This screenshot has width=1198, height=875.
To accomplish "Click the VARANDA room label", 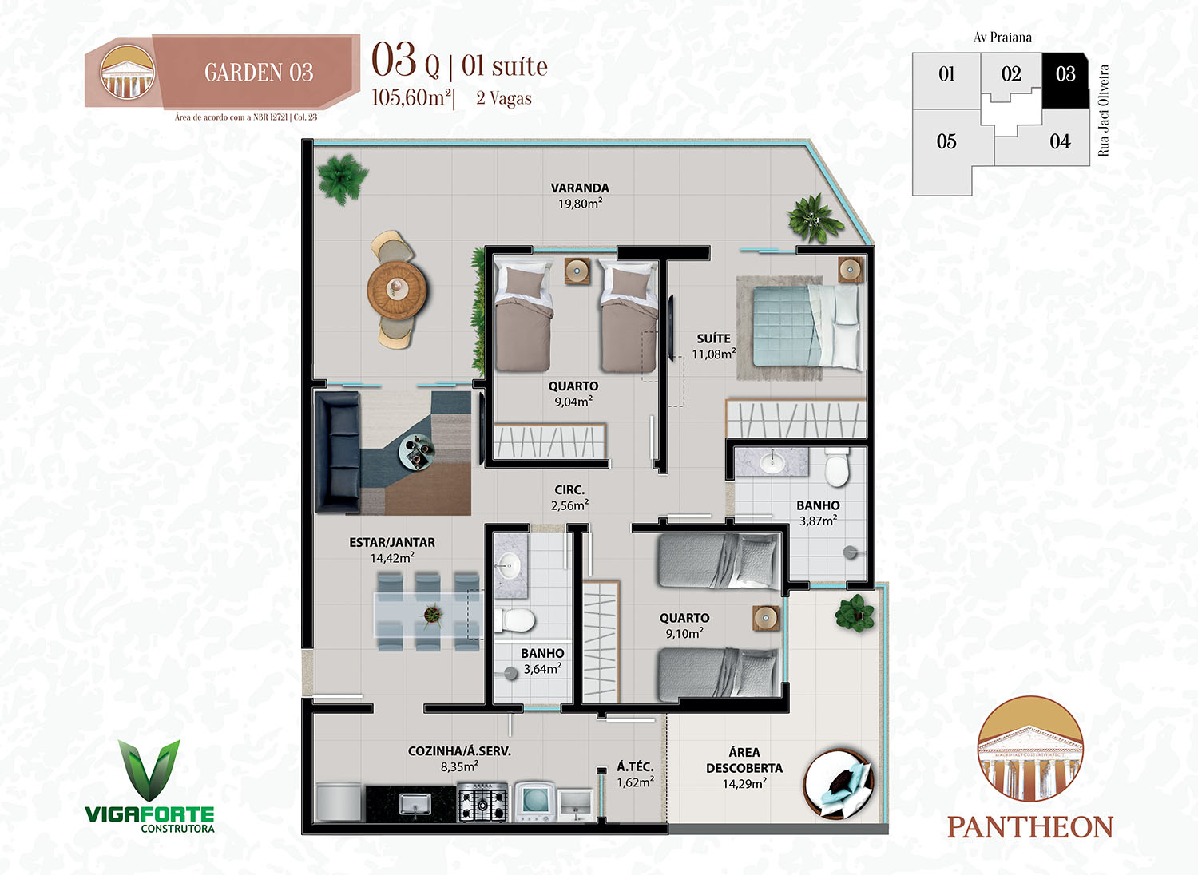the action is [580, 188].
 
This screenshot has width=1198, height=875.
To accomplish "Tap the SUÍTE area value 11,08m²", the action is [713, 354].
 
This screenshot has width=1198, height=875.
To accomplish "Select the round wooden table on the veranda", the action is [396, 290].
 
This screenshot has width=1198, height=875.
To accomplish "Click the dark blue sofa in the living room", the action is [338, 452].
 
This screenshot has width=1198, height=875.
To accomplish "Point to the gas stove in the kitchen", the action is [482, 802].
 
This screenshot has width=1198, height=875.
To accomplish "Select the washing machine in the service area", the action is [535, 802].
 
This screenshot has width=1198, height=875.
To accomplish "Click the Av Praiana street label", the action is [1002, 38].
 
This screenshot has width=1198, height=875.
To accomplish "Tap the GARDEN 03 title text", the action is [259, 73].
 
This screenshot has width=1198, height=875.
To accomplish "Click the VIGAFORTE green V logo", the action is [149, 770].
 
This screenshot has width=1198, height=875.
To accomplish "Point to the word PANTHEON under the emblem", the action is [1030, 827].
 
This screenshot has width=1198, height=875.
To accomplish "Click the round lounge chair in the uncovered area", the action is [838, 784].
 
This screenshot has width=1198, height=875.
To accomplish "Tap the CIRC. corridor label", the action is [569, 489].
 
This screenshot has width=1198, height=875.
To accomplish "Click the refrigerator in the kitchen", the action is [338, 802].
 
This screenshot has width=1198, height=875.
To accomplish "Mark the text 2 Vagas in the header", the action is [504, 98].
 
